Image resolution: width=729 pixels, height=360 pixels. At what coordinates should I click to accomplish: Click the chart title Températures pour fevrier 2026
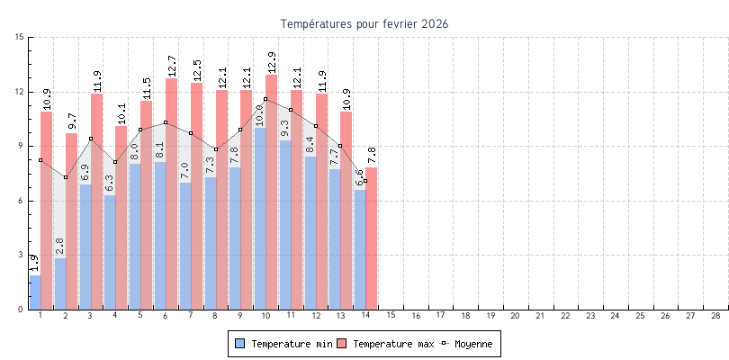click(x=364, y=23)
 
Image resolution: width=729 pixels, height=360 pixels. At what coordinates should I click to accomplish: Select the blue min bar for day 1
click(x=35, y=292)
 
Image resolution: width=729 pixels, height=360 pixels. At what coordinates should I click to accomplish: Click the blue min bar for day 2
click(x=60, y=283)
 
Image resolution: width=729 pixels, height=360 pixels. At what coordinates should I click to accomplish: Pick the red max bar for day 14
click(x=372, y=238)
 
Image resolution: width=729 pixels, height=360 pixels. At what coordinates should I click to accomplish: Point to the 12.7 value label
click(x=172, y=66)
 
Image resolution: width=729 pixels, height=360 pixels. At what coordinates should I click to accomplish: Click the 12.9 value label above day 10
click(x=272, y=62)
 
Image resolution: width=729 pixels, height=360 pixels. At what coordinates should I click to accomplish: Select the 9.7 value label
click(x=72, y=121)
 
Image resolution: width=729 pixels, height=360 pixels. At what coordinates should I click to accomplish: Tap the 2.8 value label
click(x=59, y=247)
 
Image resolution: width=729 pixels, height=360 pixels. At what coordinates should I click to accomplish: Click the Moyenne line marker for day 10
click(x=265, y=99)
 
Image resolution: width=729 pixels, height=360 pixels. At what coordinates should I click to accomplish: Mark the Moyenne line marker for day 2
click(x=66, y=177)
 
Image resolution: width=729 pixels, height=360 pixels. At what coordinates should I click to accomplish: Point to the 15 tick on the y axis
click(x=20, y=37)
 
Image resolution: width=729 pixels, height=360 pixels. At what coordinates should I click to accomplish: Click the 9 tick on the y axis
click(x=22, y=146)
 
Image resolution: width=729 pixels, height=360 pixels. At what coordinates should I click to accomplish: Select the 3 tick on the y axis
click(x=22, y=255)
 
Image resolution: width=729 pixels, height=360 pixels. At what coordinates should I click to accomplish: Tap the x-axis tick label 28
click(x=715, y=316)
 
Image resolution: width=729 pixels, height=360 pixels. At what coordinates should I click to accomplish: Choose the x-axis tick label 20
click(x=515, y=316)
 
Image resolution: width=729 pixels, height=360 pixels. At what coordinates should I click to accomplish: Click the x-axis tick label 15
click(x=391, y=316)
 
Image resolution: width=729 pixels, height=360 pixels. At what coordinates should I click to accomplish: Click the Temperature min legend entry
click(x=283, y=344)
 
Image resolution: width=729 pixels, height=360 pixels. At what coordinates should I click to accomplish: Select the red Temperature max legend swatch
click(x=343, y=344)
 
